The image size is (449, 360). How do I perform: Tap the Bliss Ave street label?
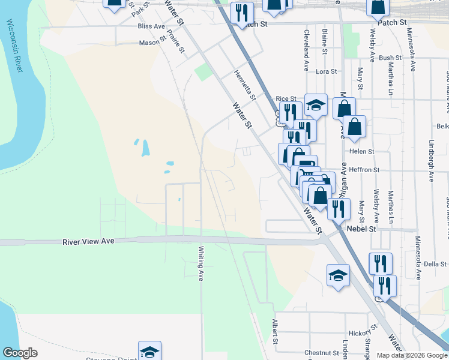pos(151,27)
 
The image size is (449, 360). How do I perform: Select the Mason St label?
pos(152,43)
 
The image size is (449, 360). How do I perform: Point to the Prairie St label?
pos(176,41)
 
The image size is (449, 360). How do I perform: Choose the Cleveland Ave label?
pos(306,49)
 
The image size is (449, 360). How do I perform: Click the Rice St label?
pos(286,98)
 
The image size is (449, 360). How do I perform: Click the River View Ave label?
pos(88,241)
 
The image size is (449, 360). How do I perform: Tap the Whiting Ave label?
pos(201,264)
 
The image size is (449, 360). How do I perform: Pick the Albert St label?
pos(275,331)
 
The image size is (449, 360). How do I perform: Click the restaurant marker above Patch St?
pos(242,12)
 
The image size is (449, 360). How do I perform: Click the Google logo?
pos(20,353)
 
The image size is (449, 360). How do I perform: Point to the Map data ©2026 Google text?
pos(412,355)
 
